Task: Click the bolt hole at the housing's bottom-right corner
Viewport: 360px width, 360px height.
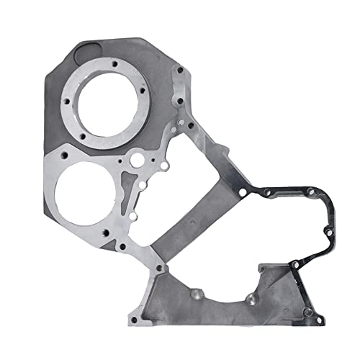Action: (308, 312)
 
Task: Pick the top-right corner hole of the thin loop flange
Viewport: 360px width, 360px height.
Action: (310, 191)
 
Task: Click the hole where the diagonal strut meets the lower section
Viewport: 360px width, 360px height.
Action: (159, 267)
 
